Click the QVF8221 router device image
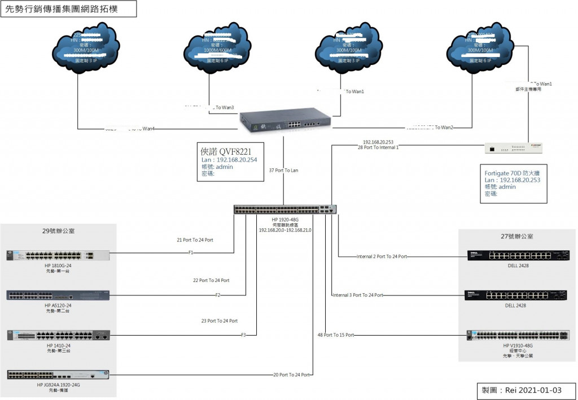285,120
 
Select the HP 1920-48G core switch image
285,209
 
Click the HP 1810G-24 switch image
58,255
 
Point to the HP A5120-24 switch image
58,295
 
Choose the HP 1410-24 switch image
58,335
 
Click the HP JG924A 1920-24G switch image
58,374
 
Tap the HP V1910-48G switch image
518,335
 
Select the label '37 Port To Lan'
284,170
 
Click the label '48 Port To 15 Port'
336,335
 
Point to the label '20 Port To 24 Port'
292,375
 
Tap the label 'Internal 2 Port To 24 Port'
382,256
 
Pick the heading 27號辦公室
517,236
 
